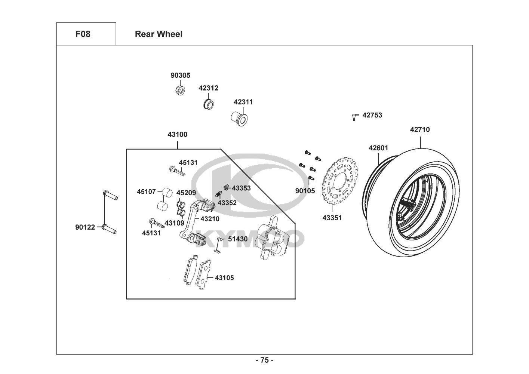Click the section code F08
[83, 34]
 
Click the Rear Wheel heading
[159, 34]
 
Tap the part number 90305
[180, 75]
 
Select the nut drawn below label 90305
[179, 90]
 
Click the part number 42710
[420, 130]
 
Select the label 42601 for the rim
[378, 148]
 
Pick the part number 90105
[305, 191]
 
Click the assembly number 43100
[177, 134]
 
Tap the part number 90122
[85, 227]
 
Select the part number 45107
[146, 191]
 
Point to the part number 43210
[210, 219]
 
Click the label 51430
[238, 239]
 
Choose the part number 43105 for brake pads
[224, 278]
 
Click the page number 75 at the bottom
[264, 361]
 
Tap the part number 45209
[186, 193]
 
